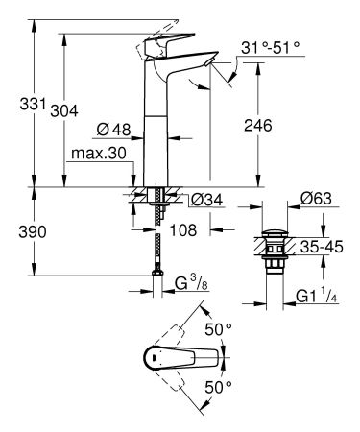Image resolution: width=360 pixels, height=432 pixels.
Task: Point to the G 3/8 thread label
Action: [193, 284]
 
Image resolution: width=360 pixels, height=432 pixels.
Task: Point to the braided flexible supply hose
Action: [156, 245]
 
